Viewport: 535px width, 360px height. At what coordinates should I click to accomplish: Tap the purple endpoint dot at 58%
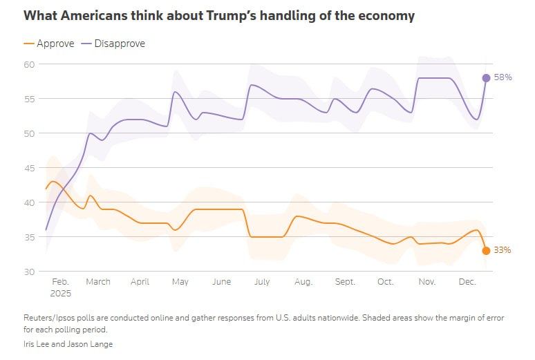(x=486, y=78)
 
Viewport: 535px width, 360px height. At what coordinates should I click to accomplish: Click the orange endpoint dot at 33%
(x=486, y=251)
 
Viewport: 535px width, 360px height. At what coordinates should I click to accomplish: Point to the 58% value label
(x=503, y=78)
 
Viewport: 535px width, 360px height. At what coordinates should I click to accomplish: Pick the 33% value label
(x=502, y=251)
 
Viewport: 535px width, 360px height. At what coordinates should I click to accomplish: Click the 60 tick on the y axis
(x=30, y=64)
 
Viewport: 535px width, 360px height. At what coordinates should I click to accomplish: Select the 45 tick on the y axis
(x=30, y=168)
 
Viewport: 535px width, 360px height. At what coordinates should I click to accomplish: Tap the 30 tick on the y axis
(x=30, y=272)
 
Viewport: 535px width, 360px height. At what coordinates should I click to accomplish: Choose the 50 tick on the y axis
(x=30, y=133)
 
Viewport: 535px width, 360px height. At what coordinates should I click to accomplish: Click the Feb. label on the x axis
(x=61, y=282)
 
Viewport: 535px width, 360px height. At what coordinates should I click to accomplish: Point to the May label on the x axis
(x=180, y=282)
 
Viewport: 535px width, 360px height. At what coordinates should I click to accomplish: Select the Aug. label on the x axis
(x=303, y=282)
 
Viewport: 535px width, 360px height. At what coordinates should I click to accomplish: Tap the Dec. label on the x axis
(x=467, y=282)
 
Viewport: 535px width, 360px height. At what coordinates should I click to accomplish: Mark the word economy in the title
(x=387, y=15)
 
